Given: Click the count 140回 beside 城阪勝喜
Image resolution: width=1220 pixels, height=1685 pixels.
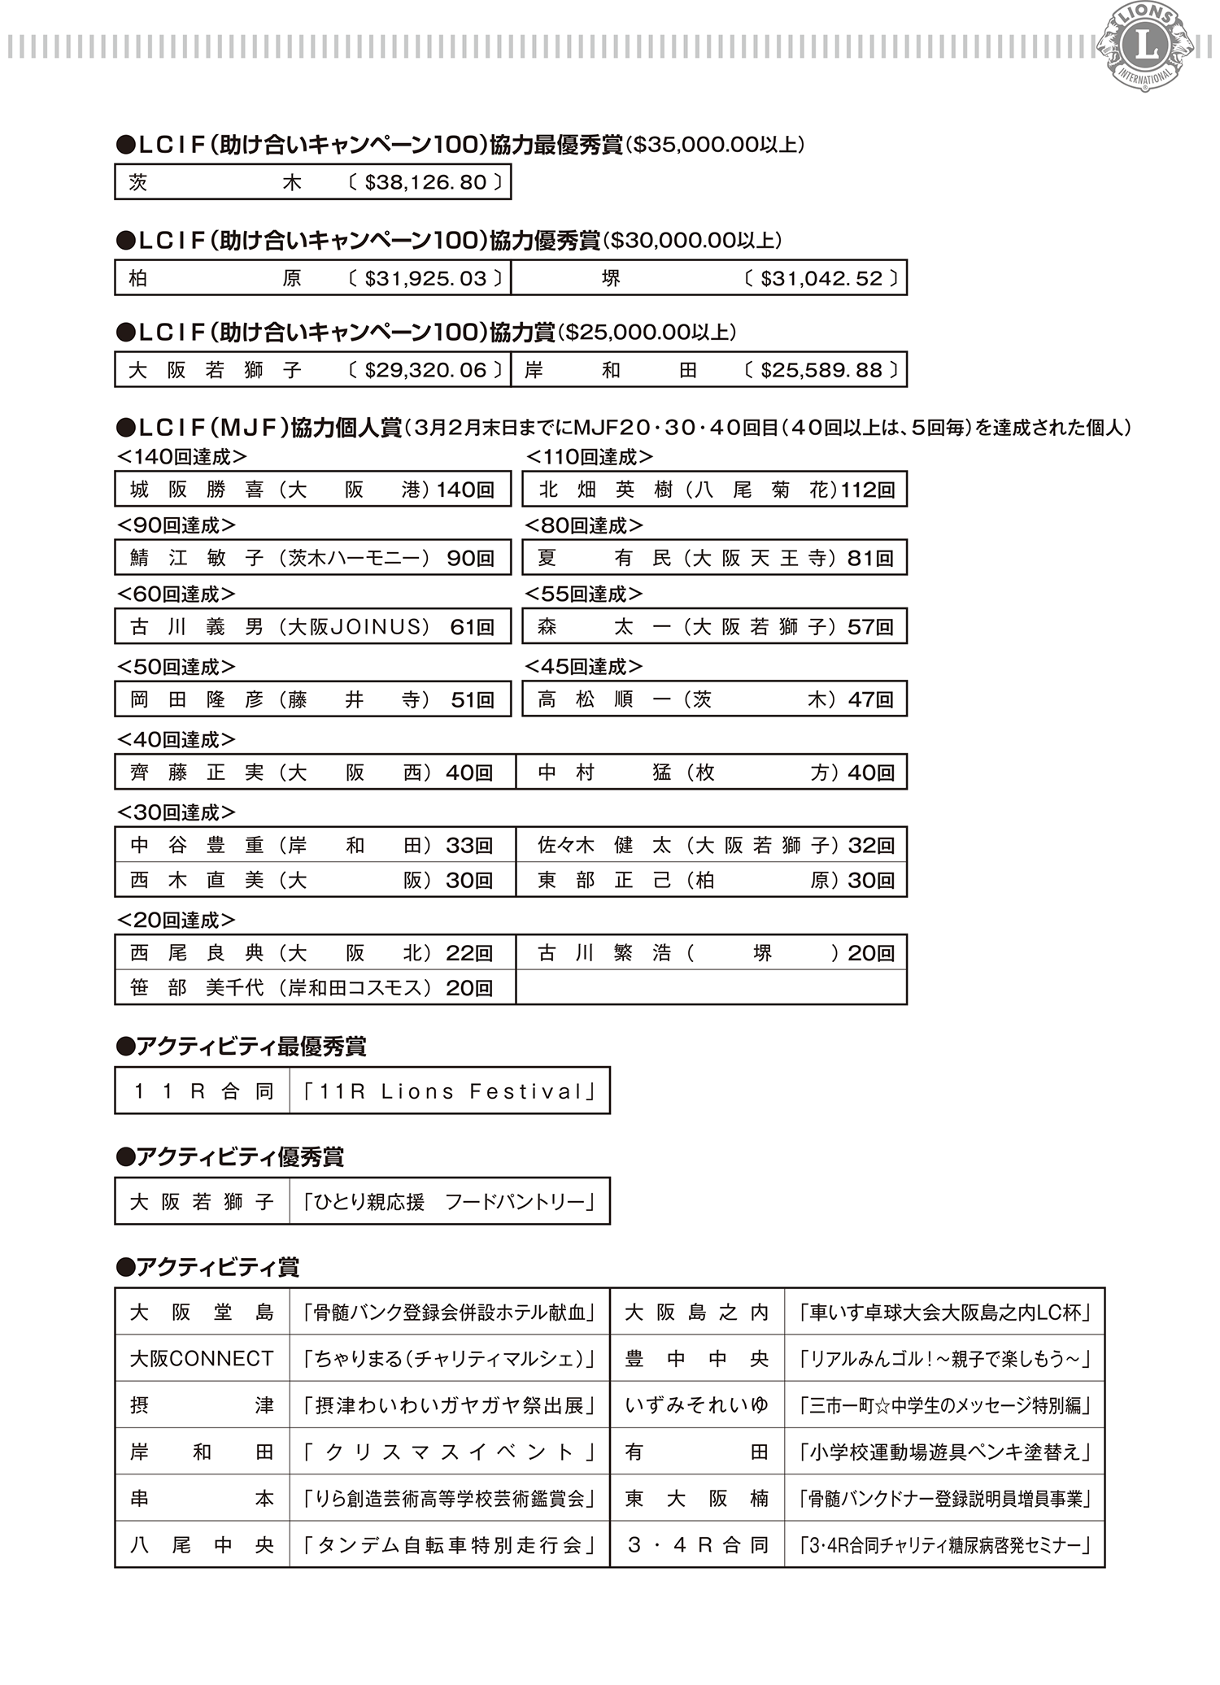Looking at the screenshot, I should [x=465, y=490].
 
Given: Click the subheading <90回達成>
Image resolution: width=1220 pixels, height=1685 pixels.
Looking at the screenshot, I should [x=176, y=525].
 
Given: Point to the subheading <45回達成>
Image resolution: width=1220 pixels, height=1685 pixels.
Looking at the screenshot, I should [x=584, y=667].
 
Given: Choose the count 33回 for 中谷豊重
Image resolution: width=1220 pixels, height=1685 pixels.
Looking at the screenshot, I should [x=469, y=846].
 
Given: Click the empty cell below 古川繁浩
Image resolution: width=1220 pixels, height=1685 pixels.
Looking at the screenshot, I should [x=711, y=987].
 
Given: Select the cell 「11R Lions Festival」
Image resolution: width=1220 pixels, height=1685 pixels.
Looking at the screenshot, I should [x=450, y=1091].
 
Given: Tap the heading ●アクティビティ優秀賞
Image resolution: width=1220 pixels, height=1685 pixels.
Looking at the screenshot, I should [x=242, y=1156].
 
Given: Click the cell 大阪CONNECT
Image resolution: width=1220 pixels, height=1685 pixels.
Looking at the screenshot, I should [x=202, y=1359].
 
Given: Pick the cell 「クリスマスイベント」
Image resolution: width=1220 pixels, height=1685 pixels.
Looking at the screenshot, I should [x=450, y=1452].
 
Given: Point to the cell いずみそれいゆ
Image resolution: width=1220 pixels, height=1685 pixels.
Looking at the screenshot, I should [x=697, y=1405].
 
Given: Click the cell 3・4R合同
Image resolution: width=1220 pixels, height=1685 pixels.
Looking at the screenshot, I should [x=697, y=1545].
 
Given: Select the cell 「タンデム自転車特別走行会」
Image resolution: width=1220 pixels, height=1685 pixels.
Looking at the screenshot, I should [x=450, y=1545].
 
